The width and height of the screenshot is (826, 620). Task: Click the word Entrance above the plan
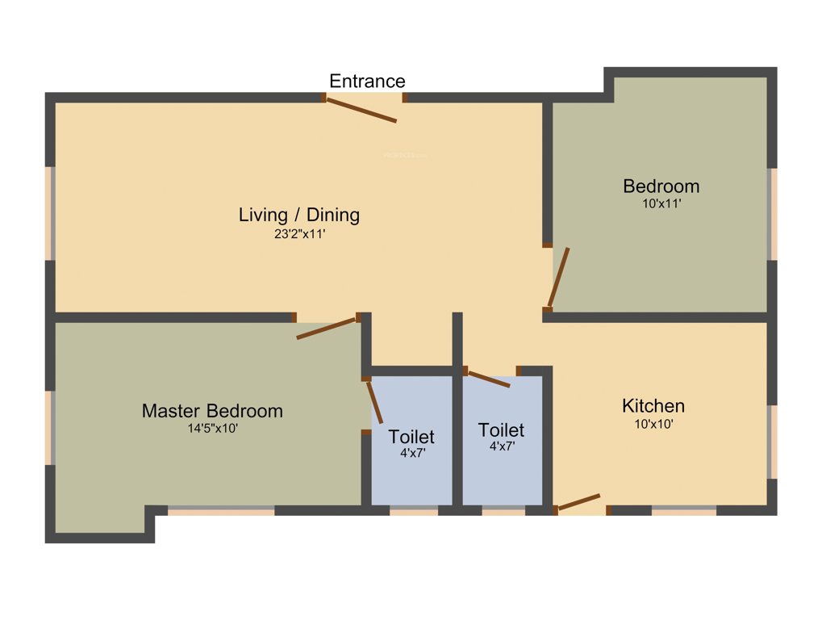point(367,81)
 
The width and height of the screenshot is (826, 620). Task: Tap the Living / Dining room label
point(298,215)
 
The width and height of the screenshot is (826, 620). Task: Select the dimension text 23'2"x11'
point(298,235)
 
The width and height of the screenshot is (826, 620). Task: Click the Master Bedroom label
point(212,411)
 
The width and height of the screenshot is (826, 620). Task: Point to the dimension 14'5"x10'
point(212,429)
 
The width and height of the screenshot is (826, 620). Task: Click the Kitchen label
point(653,405)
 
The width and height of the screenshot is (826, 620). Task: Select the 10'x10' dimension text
point(653,423)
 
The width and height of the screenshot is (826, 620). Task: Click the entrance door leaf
point(361,110)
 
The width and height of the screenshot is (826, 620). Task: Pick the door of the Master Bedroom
point(327,328)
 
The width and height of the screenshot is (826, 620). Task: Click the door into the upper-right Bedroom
point(559,277)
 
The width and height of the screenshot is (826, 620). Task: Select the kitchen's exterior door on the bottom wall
point(578,502)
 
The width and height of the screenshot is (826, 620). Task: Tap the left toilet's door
point(374,401)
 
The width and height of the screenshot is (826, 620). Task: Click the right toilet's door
point(488,379)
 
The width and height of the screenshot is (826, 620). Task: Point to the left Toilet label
point(411,437)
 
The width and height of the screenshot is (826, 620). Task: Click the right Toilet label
point(501,430)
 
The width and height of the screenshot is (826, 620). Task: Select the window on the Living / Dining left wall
point(50,213)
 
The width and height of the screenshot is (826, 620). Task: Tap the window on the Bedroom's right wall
point(772,214)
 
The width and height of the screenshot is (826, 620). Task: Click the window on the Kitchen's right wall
point(772,442)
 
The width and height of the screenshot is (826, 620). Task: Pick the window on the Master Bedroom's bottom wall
point(221,510)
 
